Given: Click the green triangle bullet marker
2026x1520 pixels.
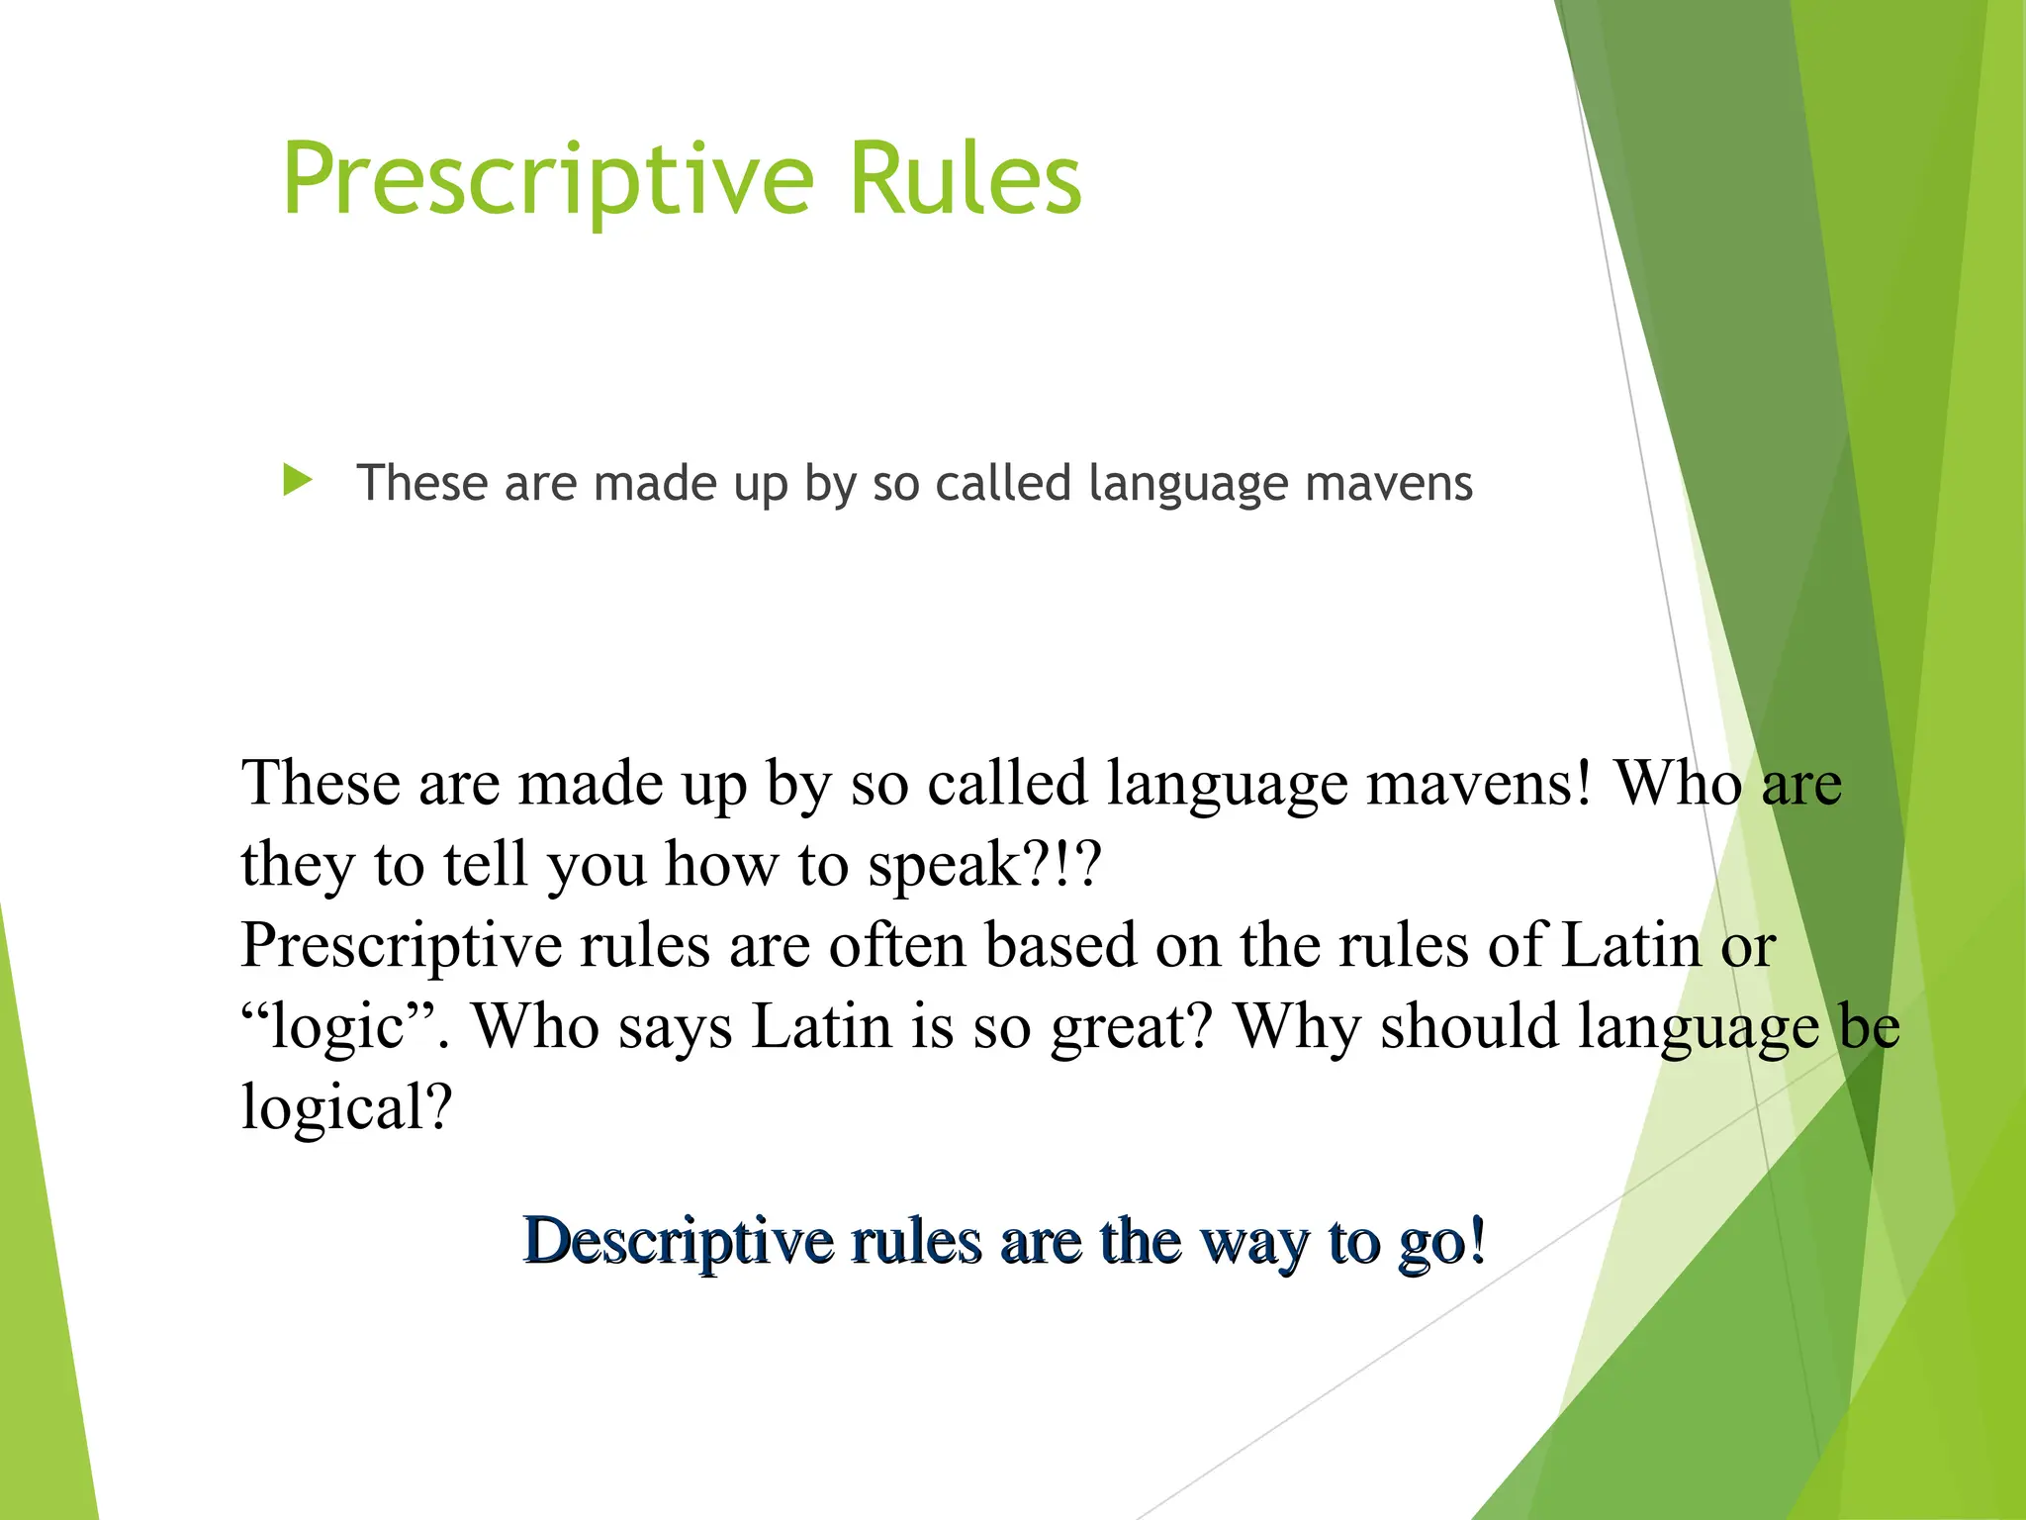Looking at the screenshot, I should pos(296,481).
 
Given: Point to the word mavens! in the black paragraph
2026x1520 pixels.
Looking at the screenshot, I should pos(1480,785).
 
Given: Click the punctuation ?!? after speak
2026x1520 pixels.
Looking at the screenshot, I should pos(1067,865).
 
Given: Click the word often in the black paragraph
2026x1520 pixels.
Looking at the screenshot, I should pos(897,945).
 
